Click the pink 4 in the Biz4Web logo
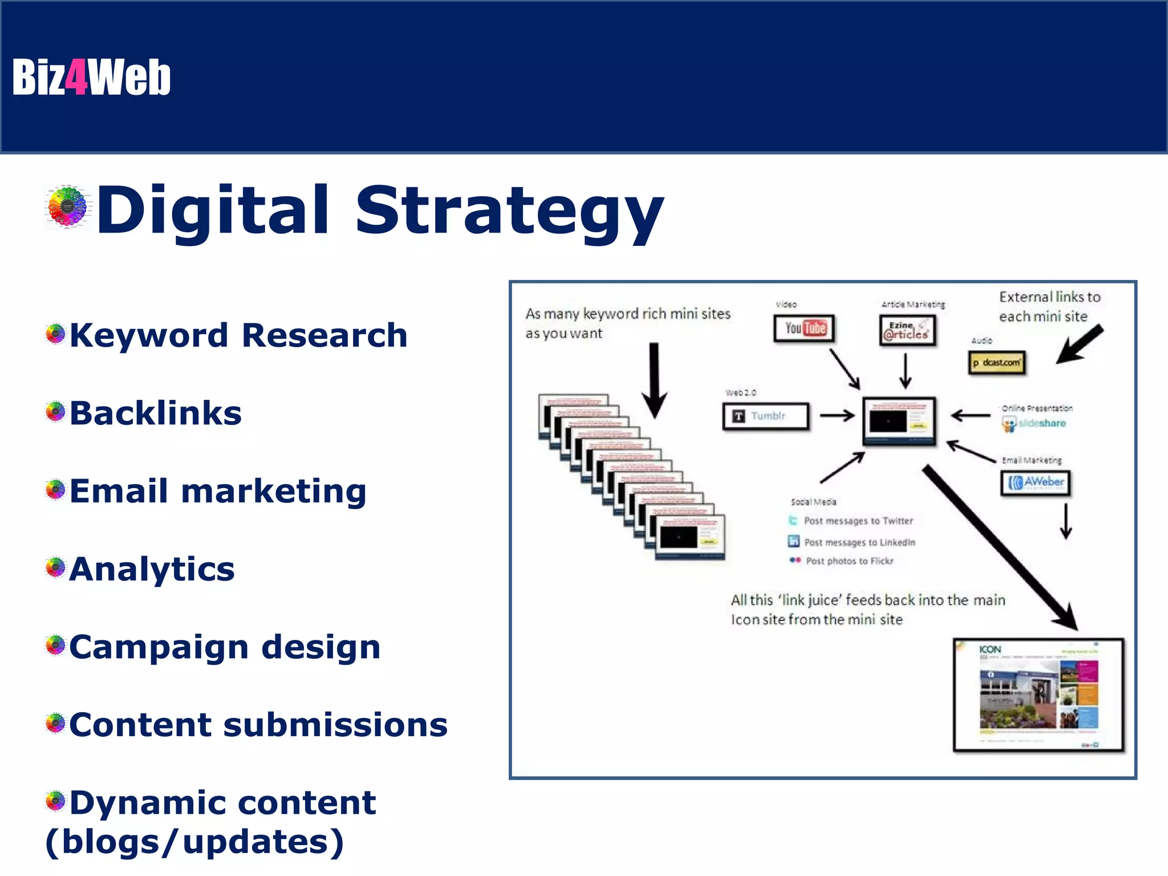pos(76,78)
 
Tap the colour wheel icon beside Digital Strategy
pos(68,206)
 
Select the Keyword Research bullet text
pos(238,335)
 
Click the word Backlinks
pos(156,413)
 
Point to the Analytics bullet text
pos(152,569)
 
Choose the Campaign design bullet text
pos(225,647)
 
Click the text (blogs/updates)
pos(194,842)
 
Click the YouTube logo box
pos(804,328)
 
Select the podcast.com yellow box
pos(996,363)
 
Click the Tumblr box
pos(765,416)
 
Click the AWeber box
pos(1035,483)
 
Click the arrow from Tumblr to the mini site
pos(837,416)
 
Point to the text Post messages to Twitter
pos(858,521)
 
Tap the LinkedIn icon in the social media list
pos(793,541)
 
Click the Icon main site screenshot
pos(1038,695)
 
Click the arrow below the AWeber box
pos(1065,521)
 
